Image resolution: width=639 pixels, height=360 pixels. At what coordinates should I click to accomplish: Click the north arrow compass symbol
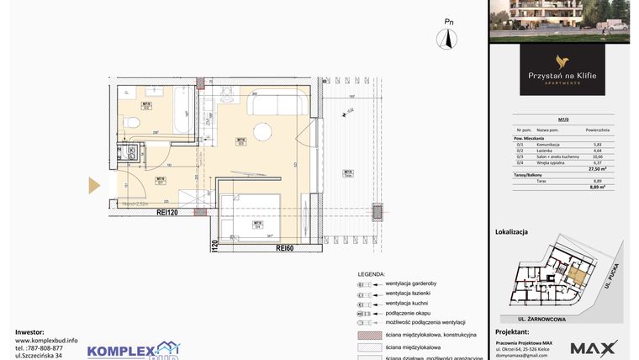(448, 38)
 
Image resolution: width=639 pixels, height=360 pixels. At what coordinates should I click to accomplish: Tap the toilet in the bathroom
(130, 124)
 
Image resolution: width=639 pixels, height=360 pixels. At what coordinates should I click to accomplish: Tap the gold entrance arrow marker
(94, 185)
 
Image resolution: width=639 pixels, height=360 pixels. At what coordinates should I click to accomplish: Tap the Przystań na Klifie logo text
(562, 76)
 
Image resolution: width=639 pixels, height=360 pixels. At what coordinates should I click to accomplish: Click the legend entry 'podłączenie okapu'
(409, 312)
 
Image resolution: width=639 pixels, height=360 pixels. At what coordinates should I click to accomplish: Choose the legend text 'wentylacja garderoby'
(415, 283)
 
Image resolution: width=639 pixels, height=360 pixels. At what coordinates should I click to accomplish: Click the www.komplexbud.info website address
(46, 341)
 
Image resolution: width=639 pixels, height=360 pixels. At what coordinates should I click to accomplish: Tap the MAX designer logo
(594, 347)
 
